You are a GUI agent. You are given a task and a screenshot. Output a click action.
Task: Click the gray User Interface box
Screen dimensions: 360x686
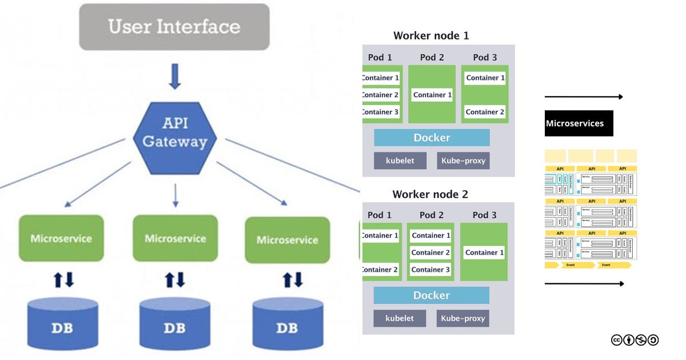(174, 27)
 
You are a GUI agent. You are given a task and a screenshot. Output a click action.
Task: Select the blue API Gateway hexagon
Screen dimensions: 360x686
(174, 133)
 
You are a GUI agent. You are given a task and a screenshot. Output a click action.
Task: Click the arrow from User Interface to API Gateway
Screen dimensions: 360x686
(175, 77)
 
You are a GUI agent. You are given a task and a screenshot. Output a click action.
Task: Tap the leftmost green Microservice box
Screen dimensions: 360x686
(61, 238)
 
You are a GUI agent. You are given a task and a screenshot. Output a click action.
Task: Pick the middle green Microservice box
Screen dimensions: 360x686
(175, 238)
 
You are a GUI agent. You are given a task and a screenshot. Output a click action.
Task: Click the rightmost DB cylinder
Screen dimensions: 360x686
(287, 324)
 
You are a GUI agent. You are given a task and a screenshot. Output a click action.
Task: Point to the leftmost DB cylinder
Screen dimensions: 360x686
(62, 324)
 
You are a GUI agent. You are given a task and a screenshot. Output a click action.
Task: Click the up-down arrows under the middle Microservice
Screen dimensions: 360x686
(175, 279)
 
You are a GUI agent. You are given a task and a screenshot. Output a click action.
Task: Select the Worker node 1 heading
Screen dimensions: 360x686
(431, 36)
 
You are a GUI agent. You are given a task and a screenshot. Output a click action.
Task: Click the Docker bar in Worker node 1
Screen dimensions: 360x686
(432, 138)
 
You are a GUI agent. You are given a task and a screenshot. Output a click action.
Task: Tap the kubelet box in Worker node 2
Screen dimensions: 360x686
(400, 318)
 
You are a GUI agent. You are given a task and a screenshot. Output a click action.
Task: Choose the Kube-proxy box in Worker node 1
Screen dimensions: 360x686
(463, 161)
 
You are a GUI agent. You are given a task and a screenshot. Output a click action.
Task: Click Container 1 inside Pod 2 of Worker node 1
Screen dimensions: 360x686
(432, 95)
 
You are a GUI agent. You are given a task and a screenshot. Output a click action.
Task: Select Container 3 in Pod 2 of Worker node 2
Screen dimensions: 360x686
(430, 269)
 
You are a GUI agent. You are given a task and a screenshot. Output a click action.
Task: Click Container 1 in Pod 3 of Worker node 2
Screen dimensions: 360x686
(484, 252)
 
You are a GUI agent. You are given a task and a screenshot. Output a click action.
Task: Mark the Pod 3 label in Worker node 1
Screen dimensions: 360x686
(484, 57)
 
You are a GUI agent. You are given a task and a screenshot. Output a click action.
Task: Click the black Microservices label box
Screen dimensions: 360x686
(579, 123)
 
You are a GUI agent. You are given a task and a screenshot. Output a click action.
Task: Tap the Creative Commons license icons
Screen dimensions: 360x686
(635, 340)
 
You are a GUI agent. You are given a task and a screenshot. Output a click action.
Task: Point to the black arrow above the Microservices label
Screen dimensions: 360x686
(583, 97)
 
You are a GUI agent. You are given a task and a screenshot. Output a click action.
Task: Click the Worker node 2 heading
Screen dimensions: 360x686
(430, 194)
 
